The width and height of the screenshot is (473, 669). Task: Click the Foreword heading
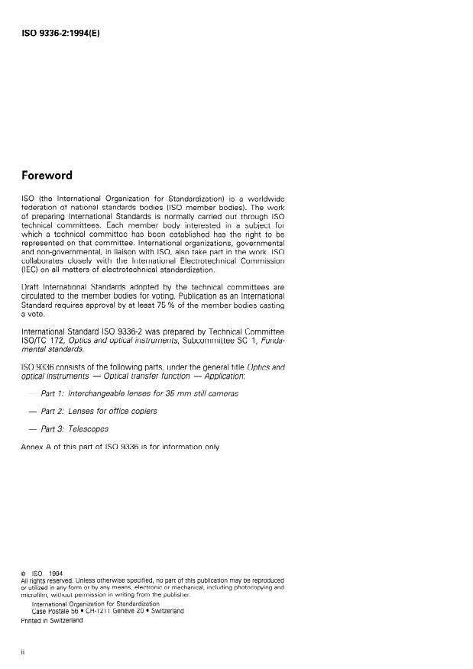[x=47, y=175]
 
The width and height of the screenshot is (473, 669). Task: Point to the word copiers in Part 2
[x=141, y=411]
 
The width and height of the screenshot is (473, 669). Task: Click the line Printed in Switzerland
[x=53, y=621]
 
